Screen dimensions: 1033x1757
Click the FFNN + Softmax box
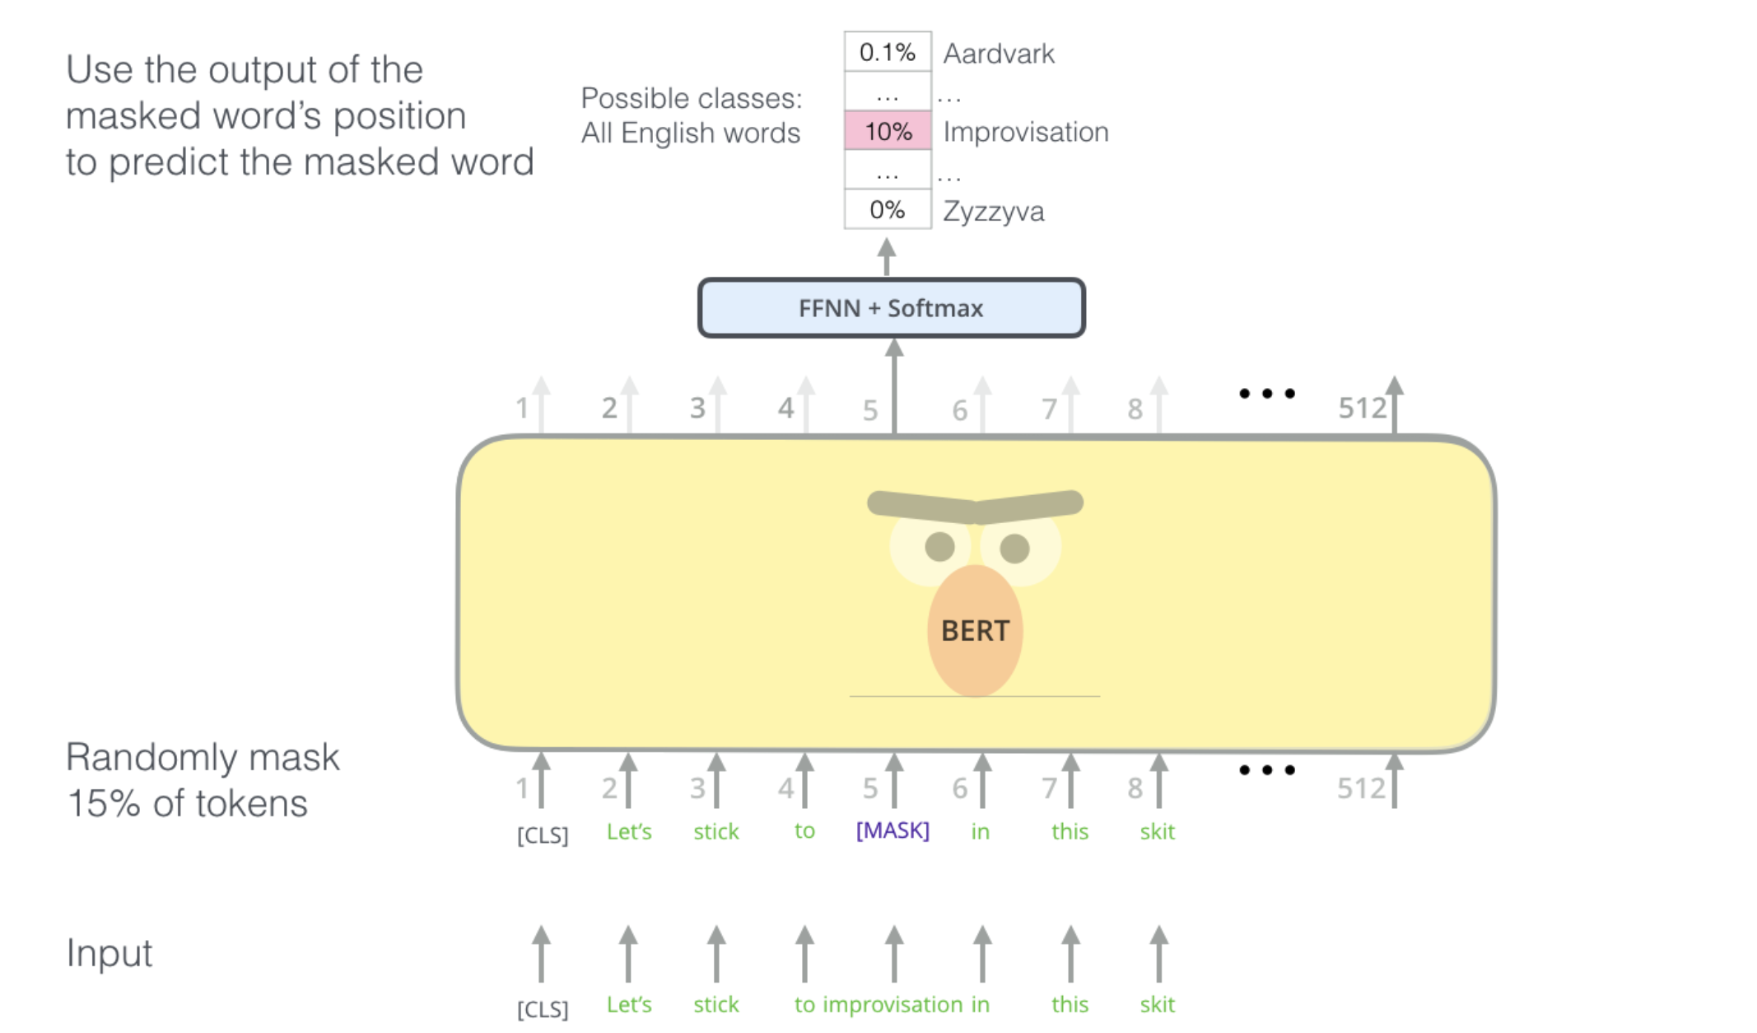891,308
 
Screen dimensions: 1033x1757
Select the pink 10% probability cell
888,132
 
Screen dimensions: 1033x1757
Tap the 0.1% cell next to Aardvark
888,53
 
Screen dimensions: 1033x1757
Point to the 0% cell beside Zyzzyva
888,210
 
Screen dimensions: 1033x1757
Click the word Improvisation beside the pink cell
1026,132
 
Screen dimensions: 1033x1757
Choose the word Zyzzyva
993,212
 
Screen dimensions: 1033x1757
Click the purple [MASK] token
892,830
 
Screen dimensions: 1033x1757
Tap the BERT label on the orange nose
975,631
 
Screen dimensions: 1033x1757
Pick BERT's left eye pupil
939,546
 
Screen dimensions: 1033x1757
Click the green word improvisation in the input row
892,1004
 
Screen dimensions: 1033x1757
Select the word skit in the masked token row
1157,831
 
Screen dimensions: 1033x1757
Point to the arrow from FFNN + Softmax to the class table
886,256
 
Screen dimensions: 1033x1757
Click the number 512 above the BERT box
1362,408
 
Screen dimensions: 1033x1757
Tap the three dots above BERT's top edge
1267,394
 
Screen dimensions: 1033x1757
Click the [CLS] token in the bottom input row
543,1008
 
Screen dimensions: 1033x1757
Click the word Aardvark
999,54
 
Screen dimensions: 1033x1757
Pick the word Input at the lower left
109,953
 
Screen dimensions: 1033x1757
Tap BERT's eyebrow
975,507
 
